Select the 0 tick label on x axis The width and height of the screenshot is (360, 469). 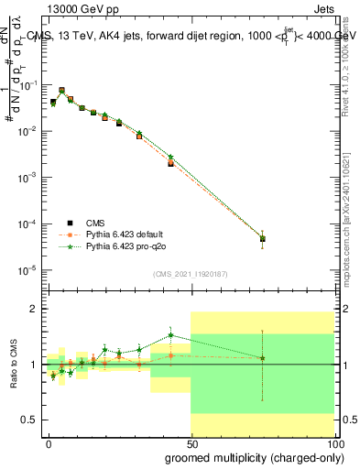click(x=49, y=443)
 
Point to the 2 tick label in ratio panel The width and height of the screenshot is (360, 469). click(x=34, y=310)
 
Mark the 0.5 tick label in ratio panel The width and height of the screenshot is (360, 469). click(x=30, y=420)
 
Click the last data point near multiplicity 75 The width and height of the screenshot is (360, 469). click(x=263, y=239)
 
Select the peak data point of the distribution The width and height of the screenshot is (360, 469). click(x=61, y=91)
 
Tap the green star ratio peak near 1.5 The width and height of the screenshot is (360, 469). click(x=170, y=335)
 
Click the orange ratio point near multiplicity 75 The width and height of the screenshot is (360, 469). click(x=263, y=358)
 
